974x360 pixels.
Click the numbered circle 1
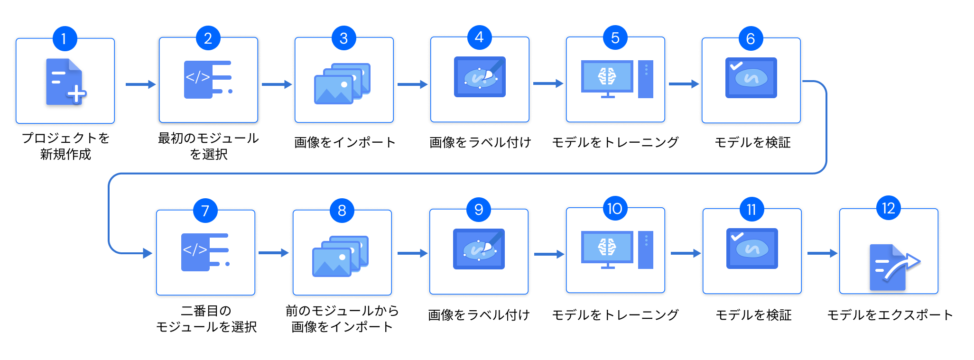[65, 38]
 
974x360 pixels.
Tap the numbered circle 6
[751, 38]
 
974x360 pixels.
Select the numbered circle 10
[615, 209]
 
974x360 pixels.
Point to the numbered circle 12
[888, 208]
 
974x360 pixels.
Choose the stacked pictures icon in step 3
[343, 83]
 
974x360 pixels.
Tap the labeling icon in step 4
[480, 77]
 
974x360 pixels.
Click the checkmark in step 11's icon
[737, 236]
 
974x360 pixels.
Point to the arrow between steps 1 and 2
[140, 84]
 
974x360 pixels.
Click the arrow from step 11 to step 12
[822, 253]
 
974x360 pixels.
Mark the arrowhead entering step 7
[148, 253]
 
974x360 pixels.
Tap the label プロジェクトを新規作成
[65, 146]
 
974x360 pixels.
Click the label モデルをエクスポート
[890, 315]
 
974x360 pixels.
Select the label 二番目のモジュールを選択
[206, 319]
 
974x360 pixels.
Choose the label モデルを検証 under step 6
[752, 142]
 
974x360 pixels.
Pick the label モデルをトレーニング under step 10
[615, 315]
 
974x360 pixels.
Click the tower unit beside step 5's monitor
[646, 79]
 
